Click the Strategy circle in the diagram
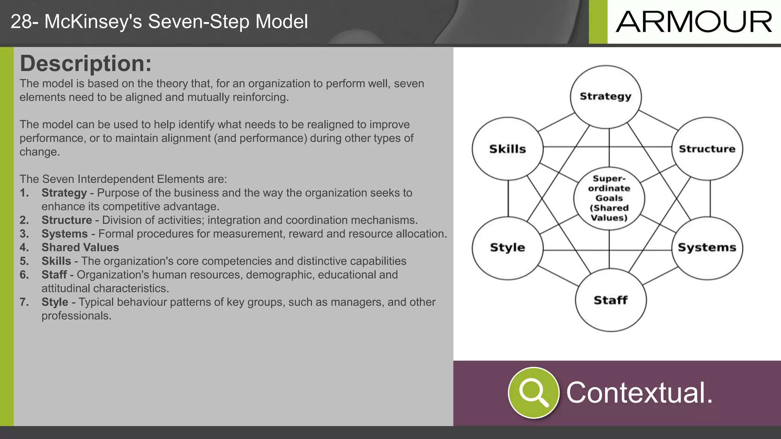click(x=606, y=96)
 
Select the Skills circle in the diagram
click(x=508, y=149)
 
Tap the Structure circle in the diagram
click(x=707, y=149)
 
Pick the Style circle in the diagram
click(x=508, y=248)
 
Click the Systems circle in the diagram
click(x=707, y=248)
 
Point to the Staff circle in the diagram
click(x=611, y=300)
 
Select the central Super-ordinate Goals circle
click(x=609, y=198)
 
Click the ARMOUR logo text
click(x=694, y=22)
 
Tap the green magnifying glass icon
click(x=534, y=393)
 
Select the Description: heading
click(x=85, y=63)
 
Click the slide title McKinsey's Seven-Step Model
click(x=159, y=21)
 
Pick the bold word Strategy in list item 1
click(x=64, y=193)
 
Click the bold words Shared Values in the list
click(x=80, y=247)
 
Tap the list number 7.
click(x=24, y=302)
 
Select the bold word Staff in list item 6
click(x=54, y=275)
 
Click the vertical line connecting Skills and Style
click(x=508, y=198)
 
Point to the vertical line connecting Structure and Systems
click(x=710, y=198)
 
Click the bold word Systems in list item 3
click(x=64, y=234)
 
